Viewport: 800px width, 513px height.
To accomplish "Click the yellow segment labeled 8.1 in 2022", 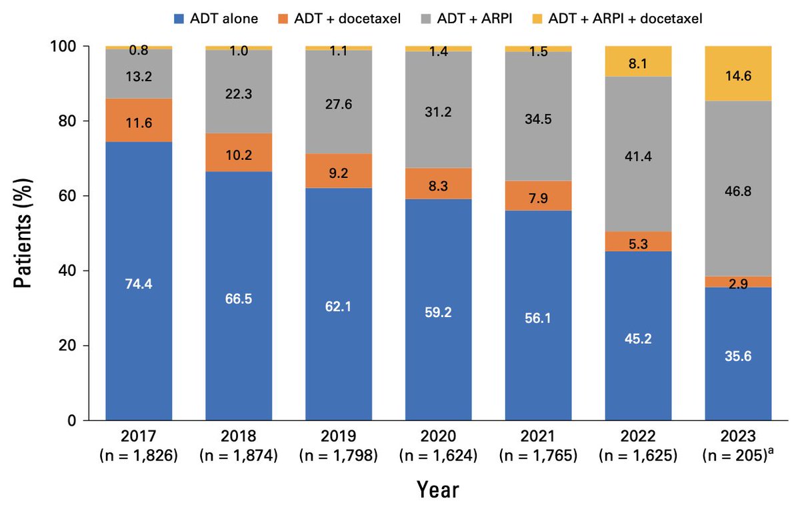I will coord(638,62).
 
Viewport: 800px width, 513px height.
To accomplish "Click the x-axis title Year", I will coord(438,490).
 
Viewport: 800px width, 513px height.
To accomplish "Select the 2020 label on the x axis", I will coord(438,437).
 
